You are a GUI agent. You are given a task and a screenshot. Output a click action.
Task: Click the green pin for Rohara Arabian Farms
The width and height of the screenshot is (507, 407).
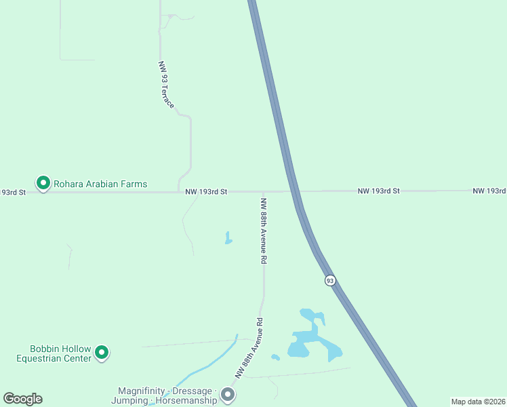[x=43, y=183]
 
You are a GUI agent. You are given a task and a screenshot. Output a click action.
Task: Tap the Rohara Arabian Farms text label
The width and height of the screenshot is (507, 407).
[x=100, y=184]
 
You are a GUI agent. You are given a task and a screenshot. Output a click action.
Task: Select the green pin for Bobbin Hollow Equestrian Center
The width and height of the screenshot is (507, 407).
[x=102, y=352]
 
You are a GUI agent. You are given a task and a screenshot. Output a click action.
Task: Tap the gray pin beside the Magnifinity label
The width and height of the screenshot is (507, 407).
[x=228, y=394]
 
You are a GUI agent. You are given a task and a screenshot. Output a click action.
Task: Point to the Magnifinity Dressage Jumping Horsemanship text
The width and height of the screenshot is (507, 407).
[x=167, y=395]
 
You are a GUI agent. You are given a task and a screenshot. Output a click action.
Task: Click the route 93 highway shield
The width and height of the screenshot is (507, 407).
[x=330, y=280]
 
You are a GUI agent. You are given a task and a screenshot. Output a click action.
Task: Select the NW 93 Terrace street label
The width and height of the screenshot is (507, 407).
[x=166, y=85]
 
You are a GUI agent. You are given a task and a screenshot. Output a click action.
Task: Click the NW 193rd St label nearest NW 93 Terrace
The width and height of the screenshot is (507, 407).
[x=206, y=192]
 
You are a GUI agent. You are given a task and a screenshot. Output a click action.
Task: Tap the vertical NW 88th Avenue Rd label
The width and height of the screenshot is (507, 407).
[x=264, y=231]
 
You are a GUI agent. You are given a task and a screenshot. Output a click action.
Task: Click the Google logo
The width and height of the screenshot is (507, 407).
[x=22, y=399]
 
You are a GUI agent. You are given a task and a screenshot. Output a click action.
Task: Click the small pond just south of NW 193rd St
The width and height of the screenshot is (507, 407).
[x=228, y=238]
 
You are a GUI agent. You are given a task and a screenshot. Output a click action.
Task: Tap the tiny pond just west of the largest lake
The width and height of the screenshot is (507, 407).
[x=275, y=357]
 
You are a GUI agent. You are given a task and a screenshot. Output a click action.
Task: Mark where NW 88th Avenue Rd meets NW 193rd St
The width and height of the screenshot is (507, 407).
[x=263, y=192]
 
